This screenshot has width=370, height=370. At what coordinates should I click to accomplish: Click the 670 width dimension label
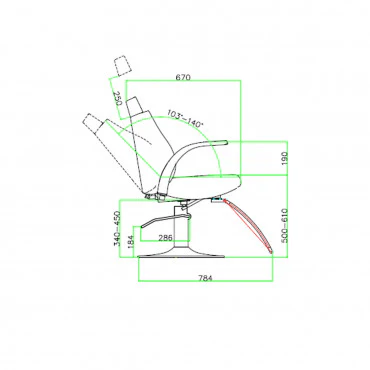click(183, 77)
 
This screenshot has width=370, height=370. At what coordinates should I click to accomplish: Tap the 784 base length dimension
click(205, 278)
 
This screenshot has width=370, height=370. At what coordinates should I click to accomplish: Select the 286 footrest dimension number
click(165, 238)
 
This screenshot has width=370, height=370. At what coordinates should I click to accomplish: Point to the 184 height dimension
click(130, 242)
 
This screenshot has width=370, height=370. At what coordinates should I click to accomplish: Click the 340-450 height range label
click(117, 228)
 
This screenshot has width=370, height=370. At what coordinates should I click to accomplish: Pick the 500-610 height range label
click(284, 226)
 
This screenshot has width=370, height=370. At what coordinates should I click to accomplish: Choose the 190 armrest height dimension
click(284, 158)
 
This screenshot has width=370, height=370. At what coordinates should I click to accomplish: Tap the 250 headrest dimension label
click(117, 99)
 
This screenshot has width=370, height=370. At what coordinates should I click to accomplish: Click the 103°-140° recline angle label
click(185, 118)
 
